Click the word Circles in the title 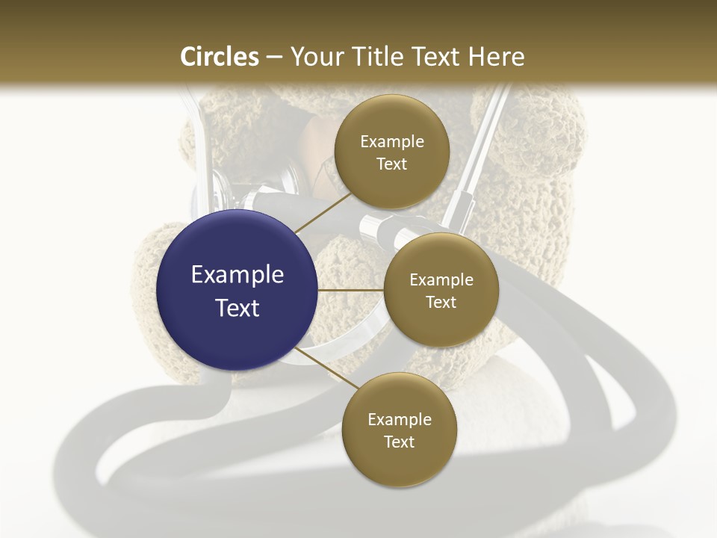tap(220, 57)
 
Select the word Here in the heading tap(496, 57)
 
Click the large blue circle tap(237, 290)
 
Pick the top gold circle tap(391, 152)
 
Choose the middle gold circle tap(441, 290)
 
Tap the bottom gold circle tap(399, 430)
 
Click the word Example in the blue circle tap(238, 274)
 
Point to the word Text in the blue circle tap(238, 307)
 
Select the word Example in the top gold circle tap(392, 141)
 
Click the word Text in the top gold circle tap(391, 164)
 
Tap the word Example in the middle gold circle tap(441, 279)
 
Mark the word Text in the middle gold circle tap(441, 302)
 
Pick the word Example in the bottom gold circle tap(400, 419)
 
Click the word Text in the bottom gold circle tap(399, 442)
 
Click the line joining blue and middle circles tap(350, 290)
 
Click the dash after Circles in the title tap(273, 57)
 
